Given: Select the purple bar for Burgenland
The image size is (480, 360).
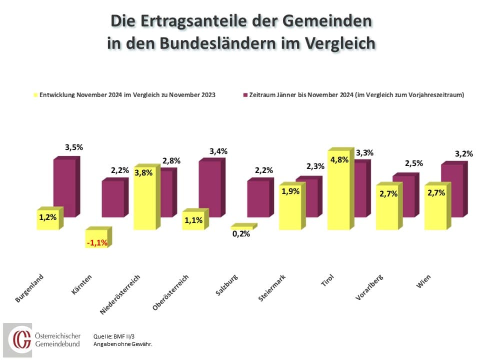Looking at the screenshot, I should point(64,187).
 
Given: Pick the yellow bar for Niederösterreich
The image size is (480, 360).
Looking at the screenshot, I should point(145,200).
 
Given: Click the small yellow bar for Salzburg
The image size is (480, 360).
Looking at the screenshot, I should point(242,227).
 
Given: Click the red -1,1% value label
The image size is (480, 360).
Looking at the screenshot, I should point(96,243).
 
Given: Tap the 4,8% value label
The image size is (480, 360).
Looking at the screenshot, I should point(339,160).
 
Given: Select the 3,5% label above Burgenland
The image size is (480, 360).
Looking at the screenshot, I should point(73,147).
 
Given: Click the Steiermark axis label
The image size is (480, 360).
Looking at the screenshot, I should point(273,287).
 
